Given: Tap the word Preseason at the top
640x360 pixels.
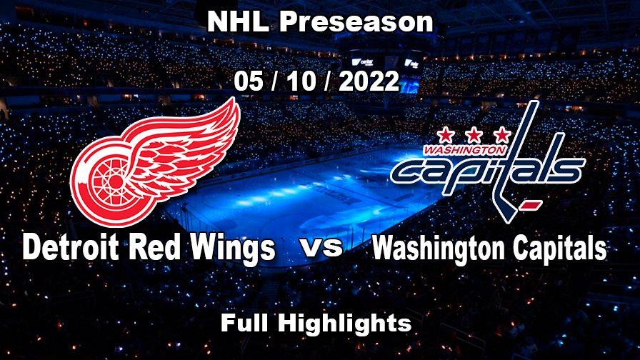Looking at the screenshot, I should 356,22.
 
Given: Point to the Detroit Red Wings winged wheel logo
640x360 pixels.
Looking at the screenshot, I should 158,163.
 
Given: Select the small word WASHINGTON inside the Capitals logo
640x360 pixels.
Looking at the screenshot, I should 464,151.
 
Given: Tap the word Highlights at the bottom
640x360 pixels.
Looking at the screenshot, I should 344,323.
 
